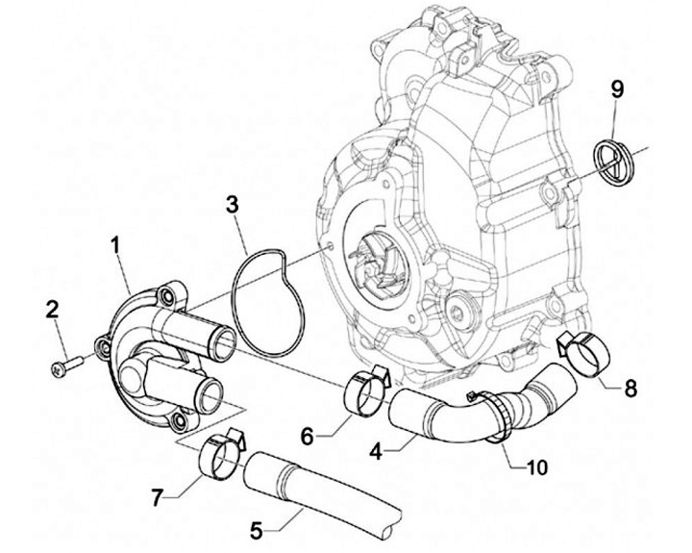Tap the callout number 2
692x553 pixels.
54,310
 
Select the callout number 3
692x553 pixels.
232,205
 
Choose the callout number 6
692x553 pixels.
309,437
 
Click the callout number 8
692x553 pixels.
630,390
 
